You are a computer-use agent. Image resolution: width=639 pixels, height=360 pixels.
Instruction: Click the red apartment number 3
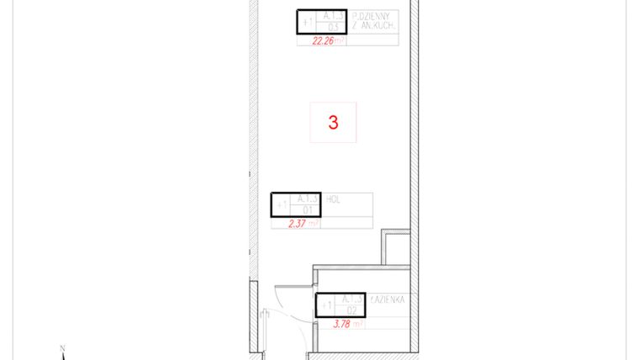pos(333,122)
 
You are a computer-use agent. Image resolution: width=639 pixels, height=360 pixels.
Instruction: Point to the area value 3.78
pos(343,323)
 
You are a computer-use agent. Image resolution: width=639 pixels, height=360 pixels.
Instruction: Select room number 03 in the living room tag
pos(330,27)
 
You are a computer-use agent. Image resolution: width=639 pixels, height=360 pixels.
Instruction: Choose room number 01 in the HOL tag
pos(307,209)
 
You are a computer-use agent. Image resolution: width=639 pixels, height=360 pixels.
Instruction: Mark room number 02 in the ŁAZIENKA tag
pos(351,310)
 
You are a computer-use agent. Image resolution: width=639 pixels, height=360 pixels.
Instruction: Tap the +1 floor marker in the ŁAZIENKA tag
pos(326,304)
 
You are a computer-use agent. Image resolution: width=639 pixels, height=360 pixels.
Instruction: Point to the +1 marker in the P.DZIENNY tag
pos(307,21)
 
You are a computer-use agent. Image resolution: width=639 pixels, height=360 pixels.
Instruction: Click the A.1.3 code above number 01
pos(308,199)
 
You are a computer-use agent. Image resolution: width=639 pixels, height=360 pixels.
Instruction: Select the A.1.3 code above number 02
pos(351,299)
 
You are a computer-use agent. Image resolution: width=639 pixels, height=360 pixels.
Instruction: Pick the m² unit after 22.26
pos(340,40)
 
